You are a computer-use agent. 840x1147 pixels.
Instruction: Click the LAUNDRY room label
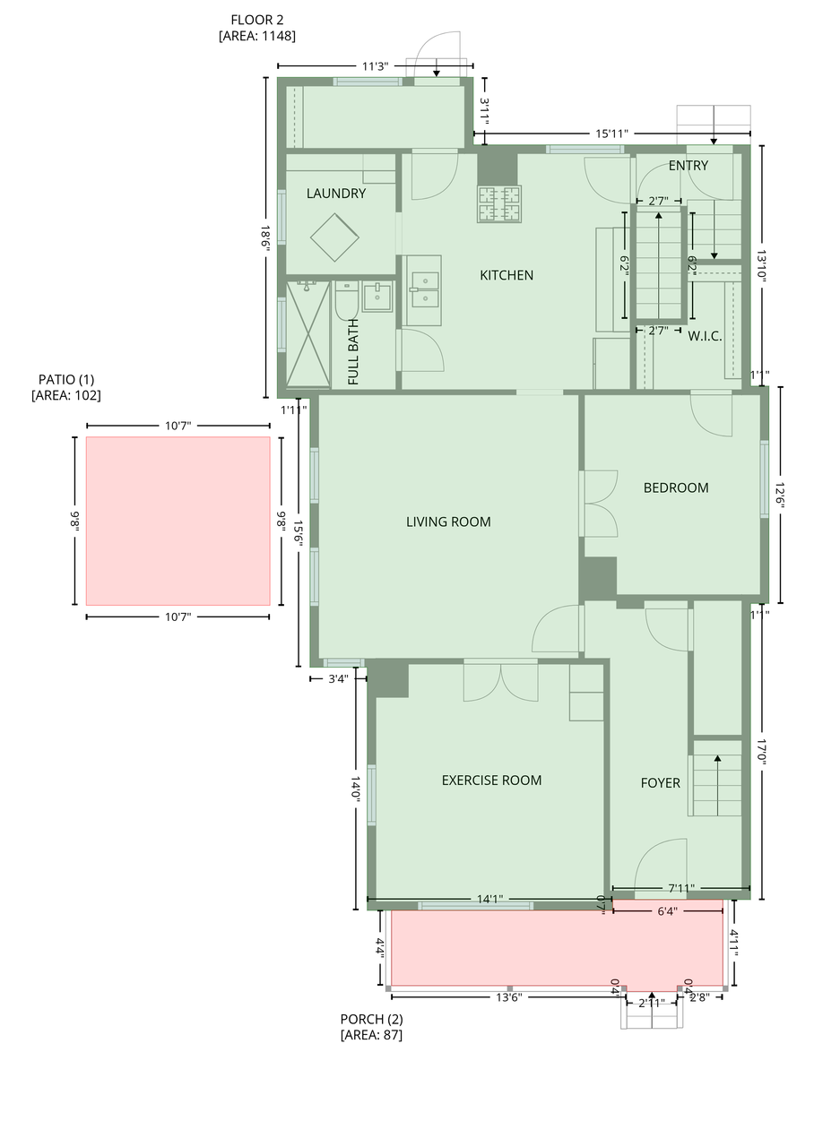pyautogui.click(x=335, y=194)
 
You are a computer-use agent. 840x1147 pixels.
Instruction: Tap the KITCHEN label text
pyautogui.click(x=507, y=275)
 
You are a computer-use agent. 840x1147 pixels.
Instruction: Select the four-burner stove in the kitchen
pyautogui.click(x=499, y=203)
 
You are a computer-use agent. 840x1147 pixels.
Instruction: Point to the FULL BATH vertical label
pyautogui.click(x=353, y=352)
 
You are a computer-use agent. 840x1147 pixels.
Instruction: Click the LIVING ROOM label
pyautogui.click(x=448, y=522)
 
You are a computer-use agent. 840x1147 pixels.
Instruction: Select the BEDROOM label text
pyautogui.click(x=676, y=487)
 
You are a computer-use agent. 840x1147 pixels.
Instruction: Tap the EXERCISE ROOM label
pyautogui.click(x=491, y=780)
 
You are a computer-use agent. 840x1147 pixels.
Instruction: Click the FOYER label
pyautogui.click(x=660, y=783)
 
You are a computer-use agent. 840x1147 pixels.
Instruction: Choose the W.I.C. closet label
pyautogui.click(x=705, y=337)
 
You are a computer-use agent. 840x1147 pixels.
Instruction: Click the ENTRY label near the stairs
pyautogui.click(x=688, y=166)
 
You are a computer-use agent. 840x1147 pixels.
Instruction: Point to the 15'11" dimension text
pyautogui.click(x=611, y=134)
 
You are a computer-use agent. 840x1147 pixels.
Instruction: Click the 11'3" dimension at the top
pyautogui.click(x=376, y=65)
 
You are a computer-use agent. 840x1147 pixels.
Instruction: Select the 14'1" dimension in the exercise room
pyautogui.click(x=489, y=899)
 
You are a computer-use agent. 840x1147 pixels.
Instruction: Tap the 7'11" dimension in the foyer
pyautogui.click(x=680, y=889)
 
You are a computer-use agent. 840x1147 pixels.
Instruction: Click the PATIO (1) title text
pyautogui.click(x=65, y=379)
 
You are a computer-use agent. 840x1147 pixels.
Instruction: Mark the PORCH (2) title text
pyautogui.click(x=371, y=1019)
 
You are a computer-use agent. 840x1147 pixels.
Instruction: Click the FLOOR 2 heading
pyautogui.click(x=257, y=20)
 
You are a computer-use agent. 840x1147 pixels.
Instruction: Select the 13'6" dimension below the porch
pyautogui.click(x=508, y=996)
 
